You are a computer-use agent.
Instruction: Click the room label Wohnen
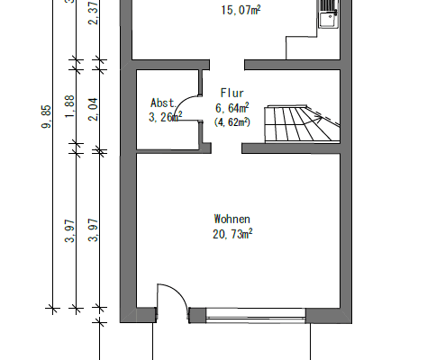[x=232, y=219]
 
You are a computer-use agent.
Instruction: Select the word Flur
[x=231, y=93]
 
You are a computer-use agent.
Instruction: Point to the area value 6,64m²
[x=232, y=108]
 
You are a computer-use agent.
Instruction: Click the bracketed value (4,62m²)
[x=232, y=121]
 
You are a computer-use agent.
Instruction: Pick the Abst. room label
[x=163, y=102]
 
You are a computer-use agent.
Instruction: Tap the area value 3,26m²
[x=166, y=116]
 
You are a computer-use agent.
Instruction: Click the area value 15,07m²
[x=241, y=12]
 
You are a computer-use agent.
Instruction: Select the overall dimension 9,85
[x=46, y=117]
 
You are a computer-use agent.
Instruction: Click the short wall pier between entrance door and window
[x=196, y=314]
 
